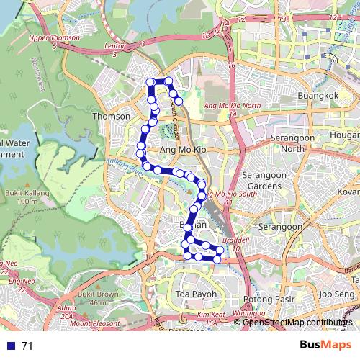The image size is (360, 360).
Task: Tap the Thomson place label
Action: [x=112, y=116]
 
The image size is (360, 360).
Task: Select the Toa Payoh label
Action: [x=195, y=294]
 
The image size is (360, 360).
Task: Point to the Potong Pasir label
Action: [x=267, y=298]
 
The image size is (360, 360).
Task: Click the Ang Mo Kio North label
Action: [x=232, y=106]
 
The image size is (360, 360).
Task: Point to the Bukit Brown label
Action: [x=98, y=294]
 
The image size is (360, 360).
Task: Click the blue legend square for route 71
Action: [x=9, y=346]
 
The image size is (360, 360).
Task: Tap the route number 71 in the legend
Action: [x=27, y=346]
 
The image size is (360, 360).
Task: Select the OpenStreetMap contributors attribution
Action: [x=297, y=323]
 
